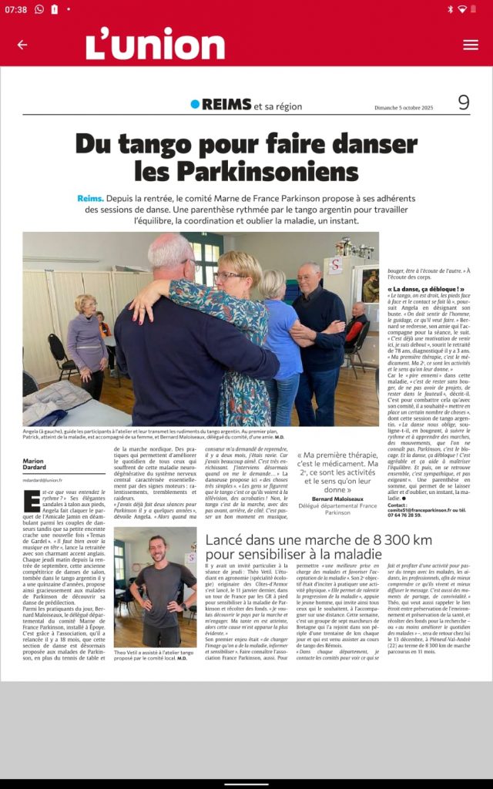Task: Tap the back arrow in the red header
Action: point(22,45)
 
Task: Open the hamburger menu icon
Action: point(471,45)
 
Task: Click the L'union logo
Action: point(155,45)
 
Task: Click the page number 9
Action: point(463,102)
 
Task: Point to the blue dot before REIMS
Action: point(195,104)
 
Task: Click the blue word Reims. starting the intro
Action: point(90,198)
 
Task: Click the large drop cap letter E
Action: point(32,501)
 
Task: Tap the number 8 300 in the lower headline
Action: point(402,540)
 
